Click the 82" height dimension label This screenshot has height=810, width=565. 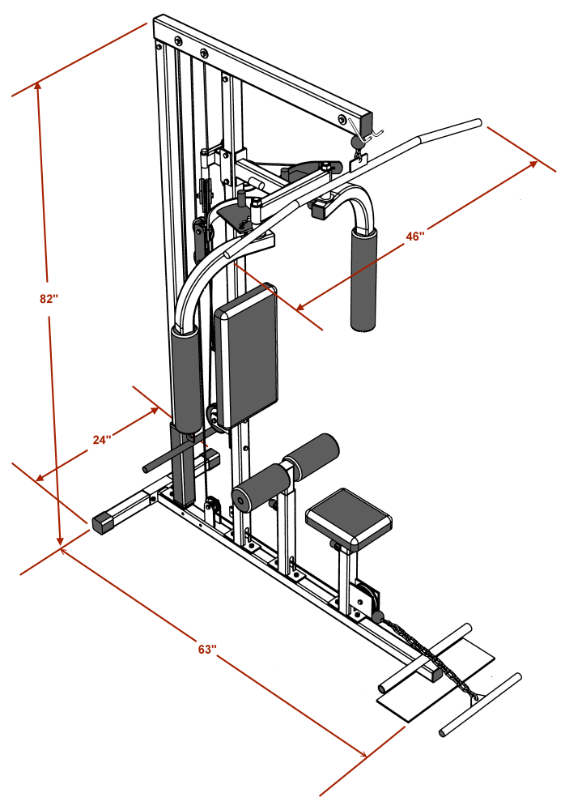[49, 298]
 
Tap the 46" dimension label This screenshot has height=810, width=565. [415, 237]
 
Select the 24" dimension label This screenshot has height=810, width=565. [101, 440]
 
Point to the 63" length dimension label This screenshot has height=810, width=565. [207, 649]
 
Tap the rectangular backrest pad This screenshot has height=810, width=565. [246, 355]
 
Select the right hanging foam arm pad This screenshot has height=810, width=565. [364, 278]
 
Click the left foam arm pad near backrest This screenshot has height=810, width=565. [185, 377]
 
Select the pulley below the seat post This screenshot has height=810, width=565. [366, 599]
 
